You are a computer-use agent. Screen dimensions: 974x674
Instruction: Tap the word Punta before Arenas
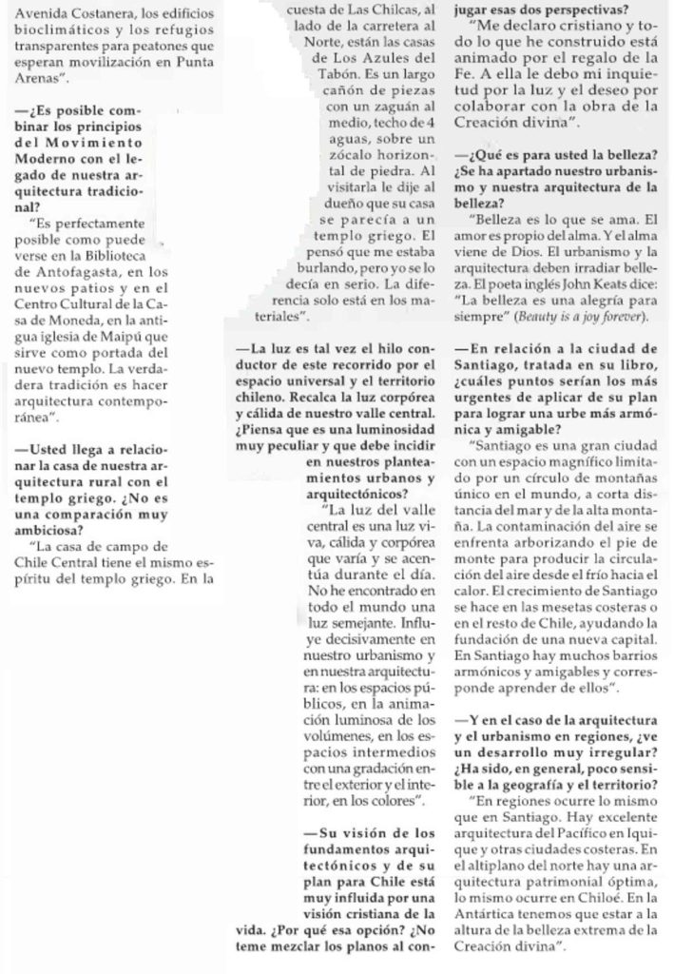[205, 65]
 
